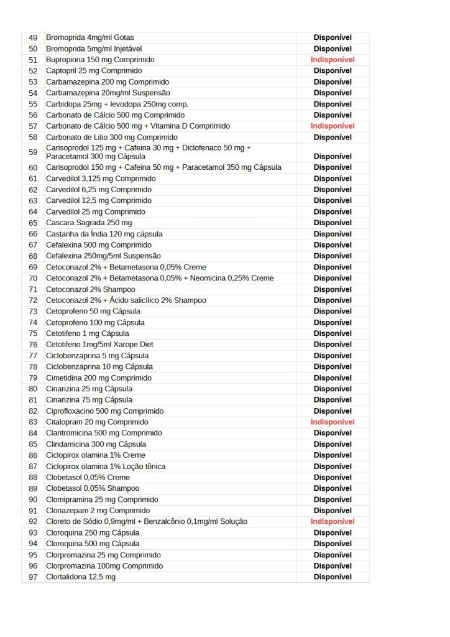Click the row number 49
[x=33, y=37]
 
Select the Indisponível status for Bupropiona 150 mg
[x=333, y=60]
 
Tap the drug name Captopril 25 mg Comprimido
[x=94, y=71]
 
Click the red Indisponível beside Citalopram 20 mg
[x=333, y=422]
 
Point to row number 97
[x=33, y=577]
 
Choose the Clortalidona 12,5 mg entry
[x=81, y=577]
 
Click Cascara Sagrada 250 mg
[x=89, y=223]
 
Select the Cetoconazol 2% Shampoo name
[x=93, y=289]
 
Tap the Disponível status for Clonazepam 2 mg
[x=333, y=511]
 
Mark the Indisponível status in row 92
[x=333, y=521]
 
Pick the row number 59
[x=33, y=152]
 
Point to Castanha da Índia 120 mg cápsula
[x=104, y=234]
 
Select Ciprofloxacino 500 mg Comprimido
[x=105, y=411]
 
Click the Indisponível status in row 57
[x=333, y=126]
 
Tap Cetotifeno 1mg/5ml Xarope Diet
[x=99, y=345]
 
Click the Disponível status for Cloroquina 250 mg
[x=333, y=532]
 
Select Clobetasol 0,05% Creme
[x=88, y=477]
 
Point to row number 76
[x=33, y=345]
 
